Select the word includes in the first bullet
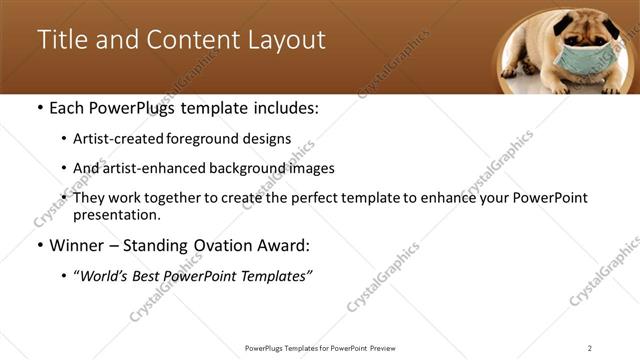283,108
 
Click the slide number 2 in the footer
590,348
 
